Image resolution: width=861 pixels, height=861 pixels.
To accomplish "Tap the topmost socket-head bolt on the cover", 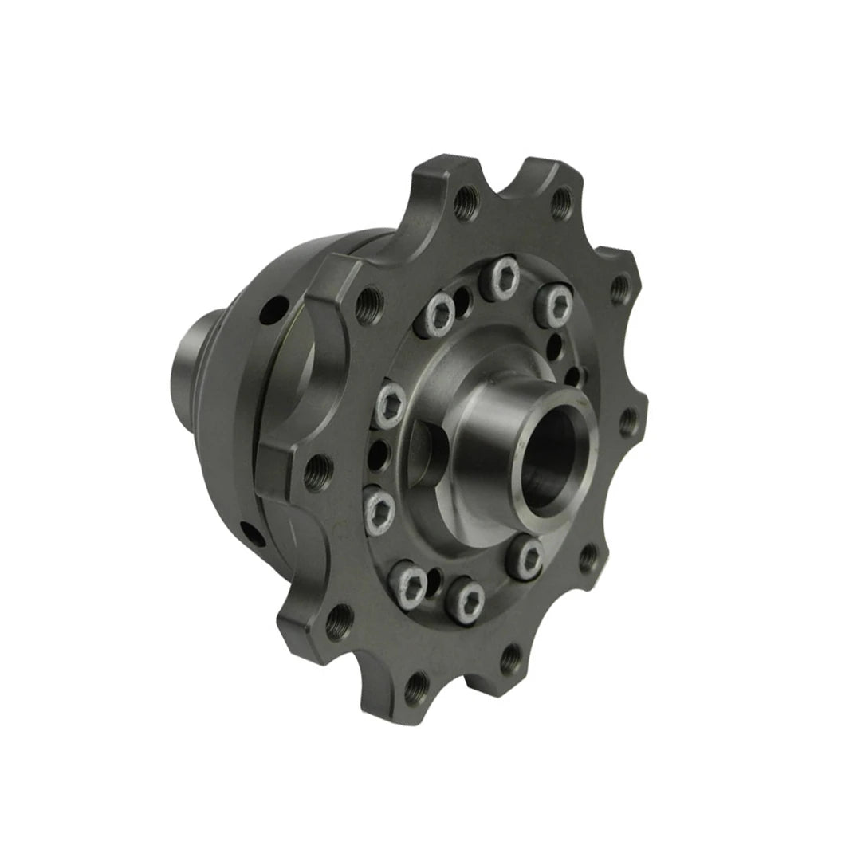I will (x=504, y=275).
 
